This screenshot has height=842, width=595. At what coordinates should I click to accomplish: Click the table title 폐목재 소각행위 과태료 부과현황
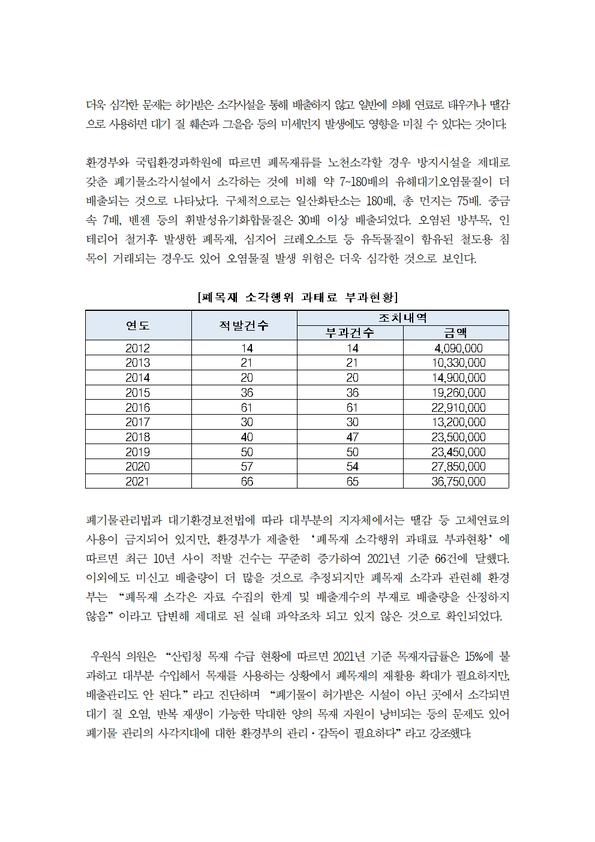(x=297, y=297)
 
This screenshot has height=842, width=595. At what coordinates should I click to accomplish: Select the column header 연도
(x=138, y=325)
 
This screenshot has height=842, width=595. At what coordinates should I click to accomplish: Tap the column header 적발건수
(x=244, y=325)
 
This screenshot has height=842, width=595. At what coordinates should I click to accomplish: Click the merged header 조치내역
(x=402, y=318)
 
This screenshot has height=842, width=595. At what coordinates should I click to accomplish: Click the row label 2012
(x=138, y=348)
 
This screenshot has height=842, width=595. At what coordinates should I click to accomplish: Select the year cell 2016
(x=138, y=407)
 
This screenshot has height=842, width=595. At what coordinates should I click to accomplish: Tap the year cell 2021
(x=138, y=481)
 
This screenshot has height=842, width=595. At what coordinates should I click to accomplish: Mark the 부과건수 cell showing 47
(x=353, y=437)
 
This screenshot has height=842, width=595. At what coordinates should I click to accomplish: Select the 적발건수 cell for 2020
(x=247, y=466)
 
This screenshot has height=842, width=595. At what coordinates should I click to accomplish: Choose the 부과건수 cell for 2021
(x=353, y=481)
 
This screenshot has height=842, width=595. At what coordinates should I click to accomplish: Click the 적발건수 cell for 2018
(x=247, y=437)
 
